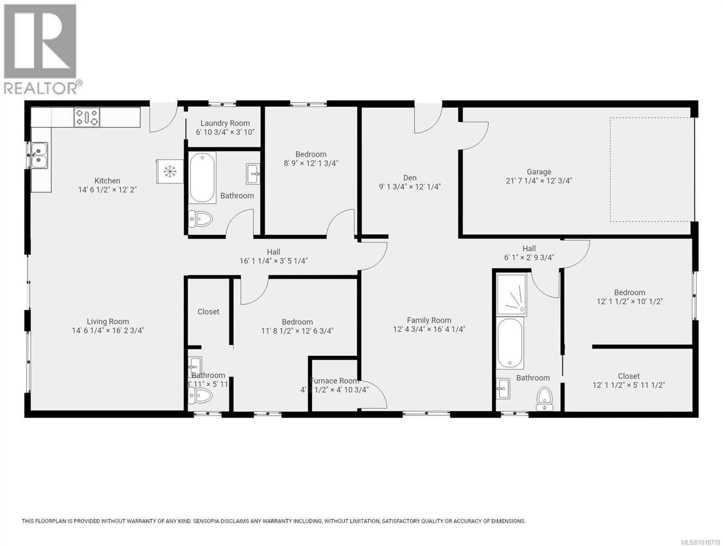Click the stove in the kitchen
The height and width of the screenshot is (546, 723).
[87, 117]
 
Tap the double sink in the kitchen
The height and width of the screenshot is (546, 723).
[39, 155]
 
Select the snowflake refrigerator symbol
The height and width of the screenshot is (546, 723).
[170, 171]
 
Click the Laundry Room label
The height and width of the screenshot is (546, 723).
[225, 123]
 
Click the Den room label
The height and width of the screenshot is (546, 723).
[410, 178]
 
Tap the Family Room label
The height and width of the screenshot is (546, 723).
[429, 320]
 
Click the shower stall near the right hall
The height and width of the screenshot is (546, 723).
[512, 294]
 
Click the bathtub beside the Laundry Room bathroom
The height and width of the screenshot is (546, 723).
[202, 177]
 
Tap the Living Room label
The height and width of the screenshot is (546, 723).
[108, 322]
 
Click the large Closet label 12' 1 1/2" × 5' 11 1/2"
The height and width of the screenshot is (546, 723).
[628, 380]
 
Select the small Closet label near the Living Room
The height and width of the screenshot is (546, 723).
[208, 312]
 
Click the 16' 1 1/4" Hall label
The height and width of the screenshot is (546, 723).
[273, 257]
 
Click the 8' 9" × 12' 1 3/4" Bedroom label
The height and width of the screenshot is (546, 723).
[311, 158]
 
